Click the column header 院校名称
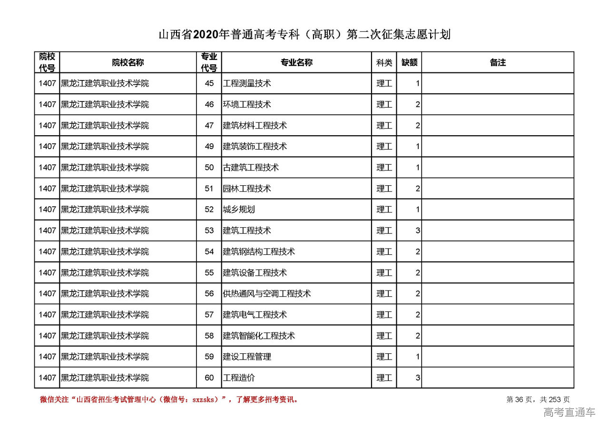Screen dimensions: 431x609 [x=128, y=62]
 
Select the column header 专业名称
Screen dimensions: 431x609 [x=296, y=62]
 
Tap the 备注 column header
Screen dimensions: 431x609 [x=498, y=62]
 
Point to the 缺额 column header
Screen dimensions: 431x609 [x=409, y=62]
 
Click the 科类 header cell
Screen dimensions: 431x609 [x=384, y=62]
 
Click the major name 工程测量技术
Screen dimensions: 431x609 [x=247, y=83]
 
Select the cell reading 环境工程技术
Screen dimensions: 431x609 [x=247, y=104]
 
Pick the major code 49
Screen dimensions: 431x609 [x=209, y=146]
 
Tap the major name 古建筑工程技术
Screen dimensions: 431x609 [x=251, y=167]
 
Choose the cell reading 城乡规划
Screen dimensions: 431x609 [x=239, y=210]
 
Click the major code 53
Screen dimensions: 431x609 [x=209, y=231]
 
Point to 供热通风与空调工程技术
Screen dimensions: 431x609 [x=267, y=293]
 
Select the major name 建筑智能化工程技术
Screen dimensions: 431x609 [x=259, y=336]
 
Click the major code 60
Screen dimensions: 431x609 [x=209, y=378]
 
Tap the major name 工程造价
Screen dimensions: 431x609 [x=239, y=378]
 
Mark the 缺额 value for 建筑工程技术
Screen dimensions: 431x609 [x=417, y=231]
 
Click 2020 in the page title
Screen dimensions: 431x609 [x=206, y=35]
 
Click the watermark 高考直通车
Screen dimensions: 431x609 [x=569, y=412]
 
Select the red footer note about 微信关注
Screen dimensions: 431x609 [x=169, y=400]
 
